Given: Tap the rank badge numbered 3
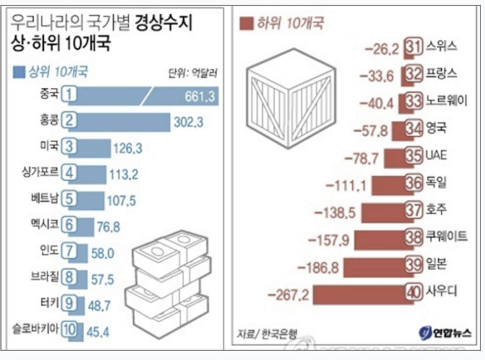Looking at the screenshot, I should (70, 147).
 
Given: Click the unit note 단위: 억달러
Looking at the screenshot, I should (193, 74).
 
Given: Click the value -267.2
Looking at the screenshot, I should (288, 295).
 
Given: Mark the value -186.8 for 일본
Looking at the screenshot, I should (317, 268).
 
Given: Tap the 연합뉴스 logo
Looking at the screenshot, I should (445, 333).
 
